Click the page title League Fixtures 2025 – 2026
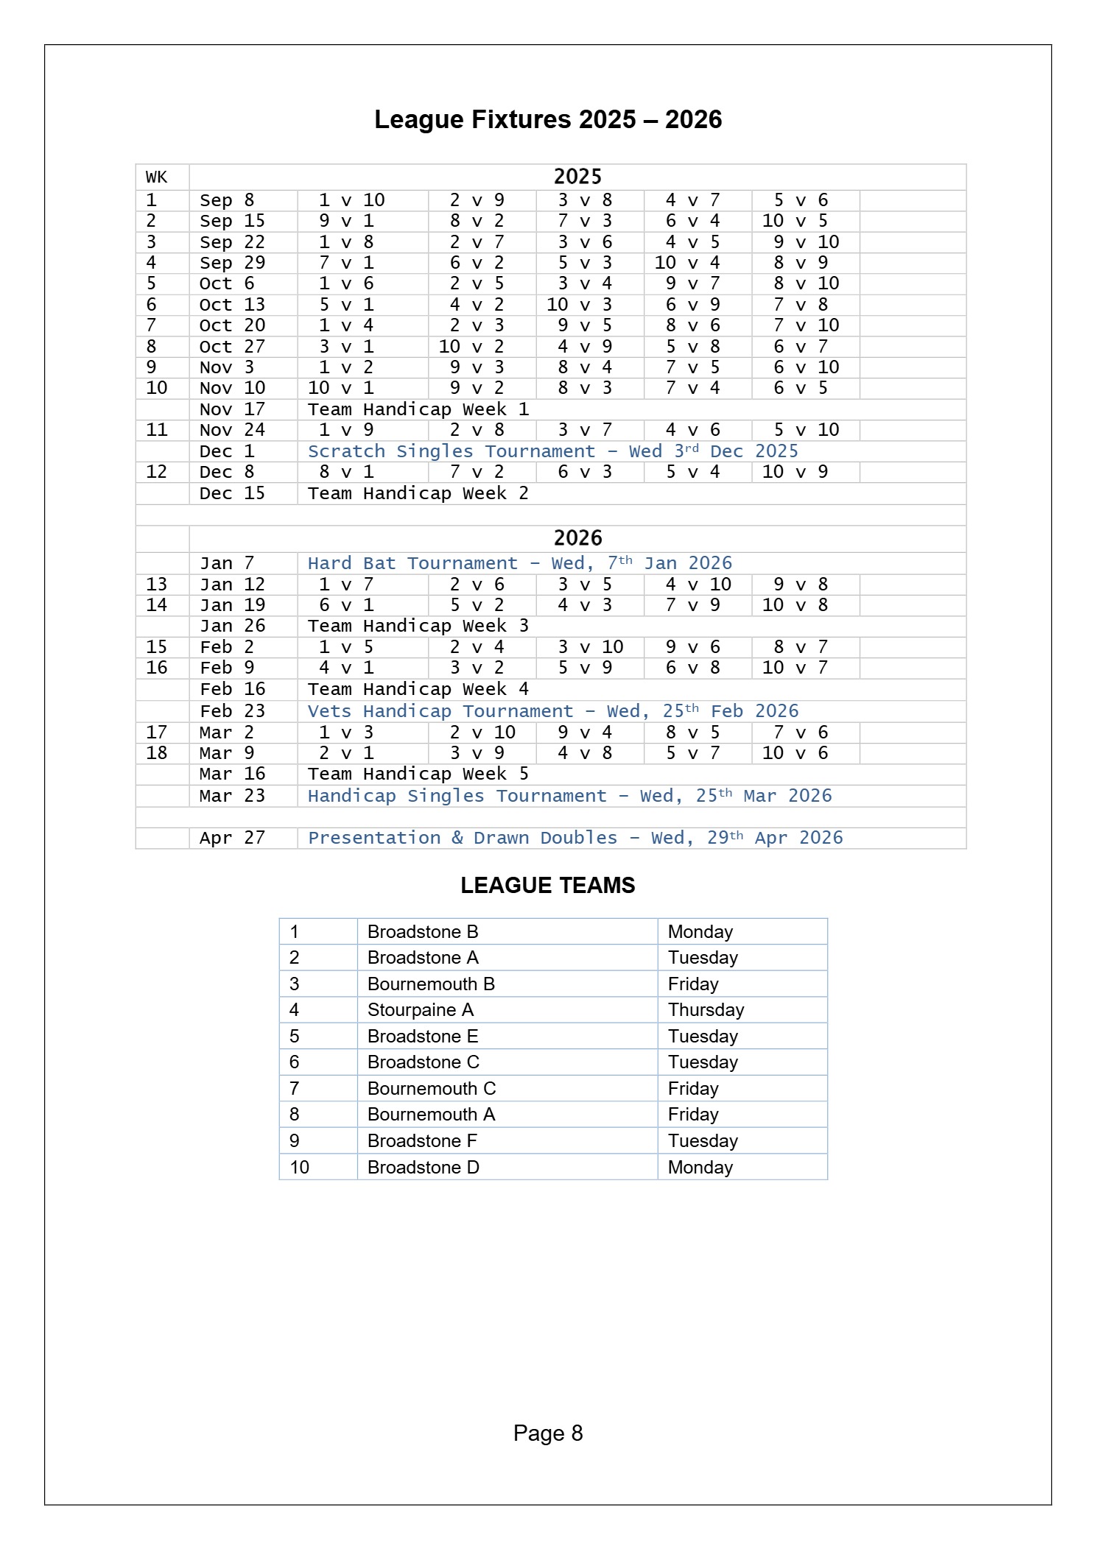tap(548, 119)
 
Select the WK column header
tap(156, 177)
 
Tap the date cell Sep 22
tap(232, 242)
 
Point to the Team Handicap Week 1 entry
tap(418, 409)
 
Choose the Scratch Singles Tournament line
tap(552, 451)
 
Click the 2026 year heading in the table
tap(577, 538)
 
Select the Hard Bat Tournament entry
tap(519, 563)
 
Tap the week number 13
tap(156, 585)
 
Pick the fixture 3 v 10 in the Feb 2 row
tap(591, 647)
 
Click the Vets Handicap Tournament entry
tap(552, 711)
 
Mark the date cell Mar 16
tap(232, 774)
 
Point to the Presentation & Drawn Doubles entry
tap(575, 838)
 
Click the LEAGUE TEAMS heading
tap(547, 885)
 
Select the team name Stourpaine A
tap(421, 1010)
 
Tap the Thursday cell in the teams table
tap(706, 1010)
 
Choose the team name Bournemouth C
tap(432, 1088)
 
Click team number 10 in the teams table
tap(299, 1167)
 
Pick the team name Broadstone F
tap(422, 1140)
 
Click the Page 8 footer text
tap(547, 1433)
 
